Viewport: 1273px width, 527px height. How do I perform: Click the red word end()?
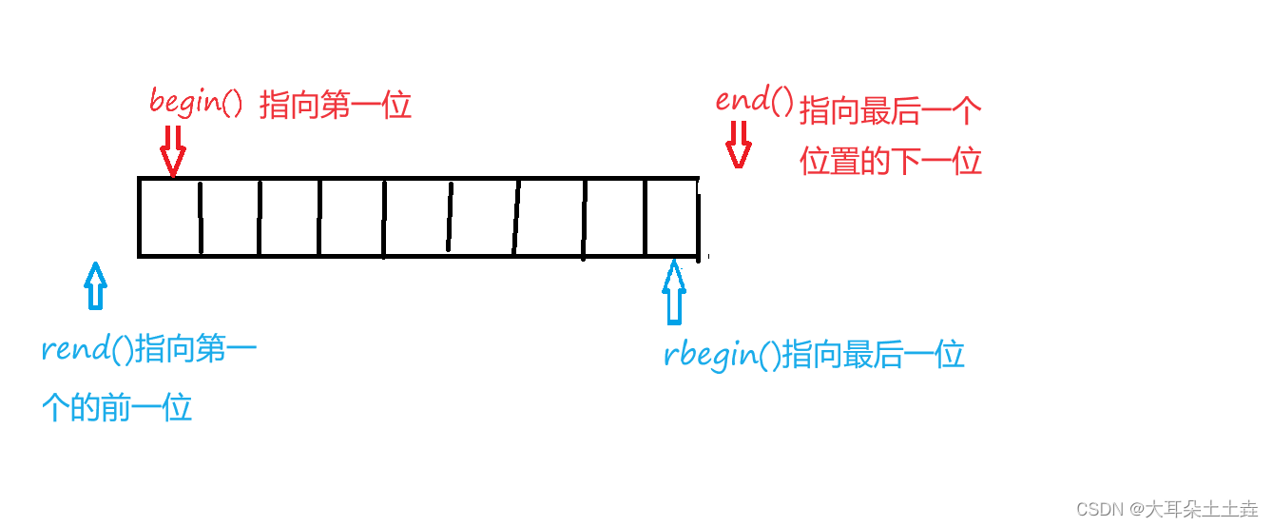point(754,100)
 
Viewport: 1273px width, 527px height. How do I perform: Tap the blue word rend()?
point(87,348)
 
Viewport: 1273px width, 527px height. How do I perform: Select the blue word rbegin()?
point(723,354)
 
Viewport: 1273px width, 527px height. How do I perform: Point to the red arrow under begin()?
point(173,151)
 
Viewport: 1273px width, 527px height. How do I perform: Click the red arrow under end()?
point(739,145)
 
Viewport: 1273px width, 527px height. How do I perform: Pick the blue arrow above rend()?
point(95,285)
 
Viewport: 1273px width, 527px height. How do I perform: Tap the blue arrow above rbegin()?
point(674,292)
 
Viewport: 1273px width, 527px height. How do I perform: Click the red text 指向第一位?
point(336,106)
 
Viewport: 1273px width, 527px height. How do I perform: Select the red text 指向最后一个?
point(891,110)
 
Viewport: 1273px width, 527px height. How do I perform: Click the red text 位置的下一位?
point(891,161)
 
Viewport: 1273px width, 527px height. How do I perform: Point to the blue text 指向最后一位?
point(874,354)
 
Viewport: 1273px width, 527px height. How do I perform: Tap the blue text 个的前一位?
point(117,407)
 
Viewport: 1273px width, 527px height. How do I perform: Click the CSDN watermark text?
point(1167,509)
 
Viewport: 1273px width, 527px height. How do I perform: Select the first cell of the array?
point(170,217)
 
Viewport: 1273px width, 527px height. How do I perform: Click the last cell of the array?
point(672,217)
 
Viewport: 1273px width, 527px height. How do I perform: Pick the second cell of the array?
point(230,217)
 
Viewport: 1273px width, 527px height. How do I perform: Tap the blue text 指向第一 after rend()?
point(196,348)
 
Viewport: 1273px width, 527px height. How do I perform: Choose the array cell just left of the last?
point(615,217)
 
